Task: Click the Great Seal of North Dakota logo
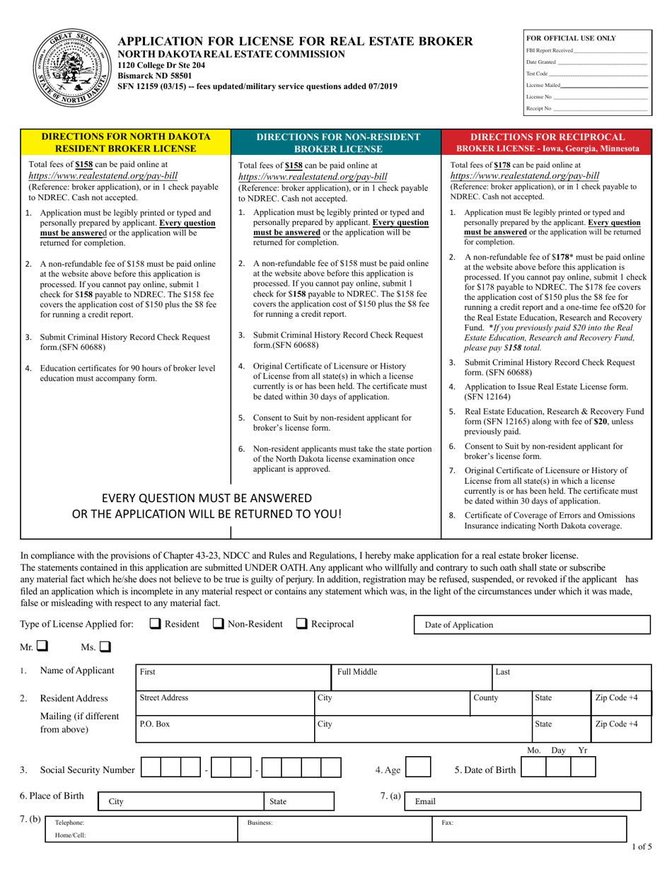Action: (x=68, y=68)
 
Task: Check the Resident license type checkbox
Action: (x=156, y=624)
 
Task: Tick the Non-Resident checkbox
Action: (x=219, y=624)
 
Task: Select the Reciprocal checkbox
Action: (x=301, y=624)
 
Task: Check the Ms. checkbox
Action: (x=105, y=646)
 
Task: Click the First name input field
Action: (x=233, y=677)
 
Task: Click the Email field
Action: (x=524, y=801)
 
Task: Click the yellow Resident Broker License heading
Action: (x=126, y=141)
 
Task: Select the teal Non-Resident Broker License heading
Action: (x=337, y=141)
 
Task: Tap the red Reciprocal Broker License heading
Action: (x=548, y=141)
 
